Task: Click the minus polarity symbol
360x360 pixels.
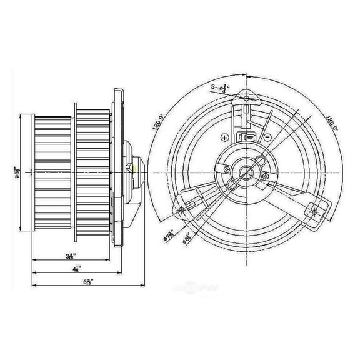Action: (267, 136)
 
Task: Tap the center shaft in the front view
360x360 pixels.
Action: (247, 172)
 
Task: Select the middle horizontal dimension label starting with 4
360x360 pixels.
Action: (75, 269)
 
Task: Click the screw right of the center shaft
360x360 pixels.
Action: (268, 177)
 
